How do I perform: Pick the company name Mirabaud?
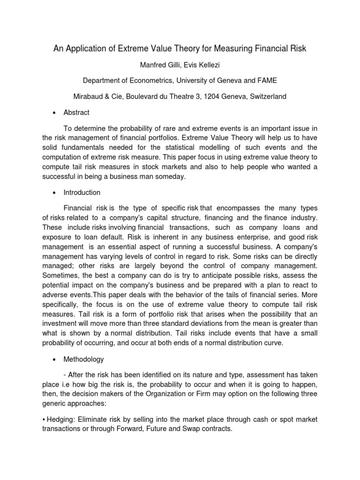(x=90, y=96)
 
